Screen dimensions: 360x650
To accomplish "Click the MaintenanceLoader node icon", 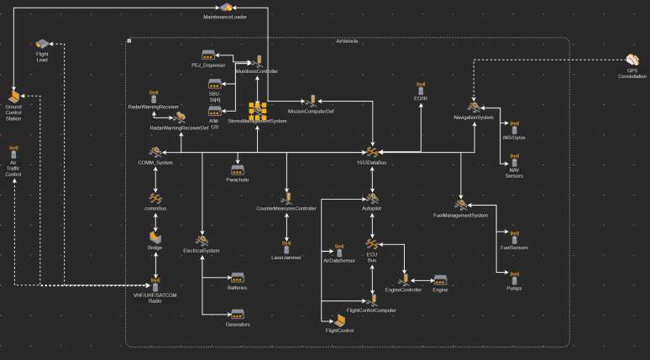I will (x=225, y=8).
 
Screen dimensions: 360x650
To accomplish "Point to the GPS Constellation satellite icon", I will (x=632, y=60).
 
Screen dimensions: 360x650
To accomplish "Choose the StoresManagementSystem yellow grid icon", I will (x=257, y=109).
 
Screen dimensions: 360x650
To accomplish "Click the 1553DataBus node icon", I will (x=371, y=151).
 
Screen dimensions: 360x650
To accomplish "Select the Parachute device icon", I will (x=238, y=170).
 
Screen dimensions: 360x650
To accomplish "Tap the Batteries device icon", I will (x=238, y=277).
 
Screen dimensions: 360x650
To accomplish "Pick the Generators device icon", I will (x=238, y=315).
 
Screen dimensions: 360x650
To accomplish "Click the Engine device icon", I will (x=440, y=279).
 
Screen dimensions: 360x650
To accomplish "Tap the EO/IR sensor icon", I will (x=421, y=88).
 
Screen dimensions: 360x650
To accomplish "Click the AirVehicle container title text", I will (x=347, y=41).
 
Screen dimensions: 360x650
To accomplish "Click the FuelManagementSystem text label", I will (x=460, y=216).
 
